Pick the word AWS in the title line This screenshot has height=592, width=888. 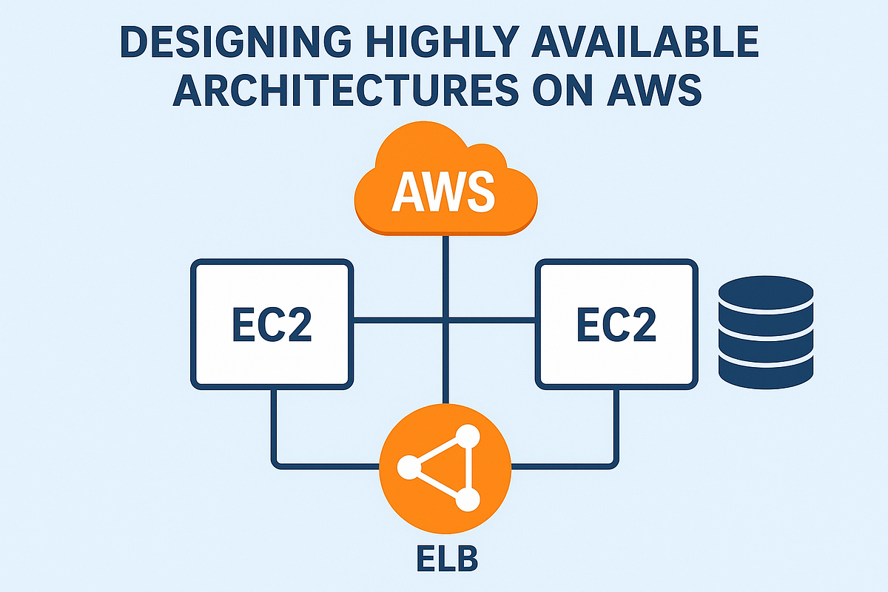click(662, 92)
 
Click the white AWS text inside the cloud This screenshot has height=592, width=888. click(443, 190)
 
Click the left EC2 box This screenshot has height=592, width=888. click(272, 323)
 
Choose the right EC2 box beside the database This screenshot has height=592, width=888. click(616, 323)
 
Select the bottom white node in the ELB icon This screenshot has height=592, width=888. click(467, 500)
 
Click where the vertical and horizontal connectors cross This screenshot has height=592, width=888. click(444, 320)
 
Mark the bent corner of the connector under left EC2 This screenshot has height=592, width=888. click(275, 465)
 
